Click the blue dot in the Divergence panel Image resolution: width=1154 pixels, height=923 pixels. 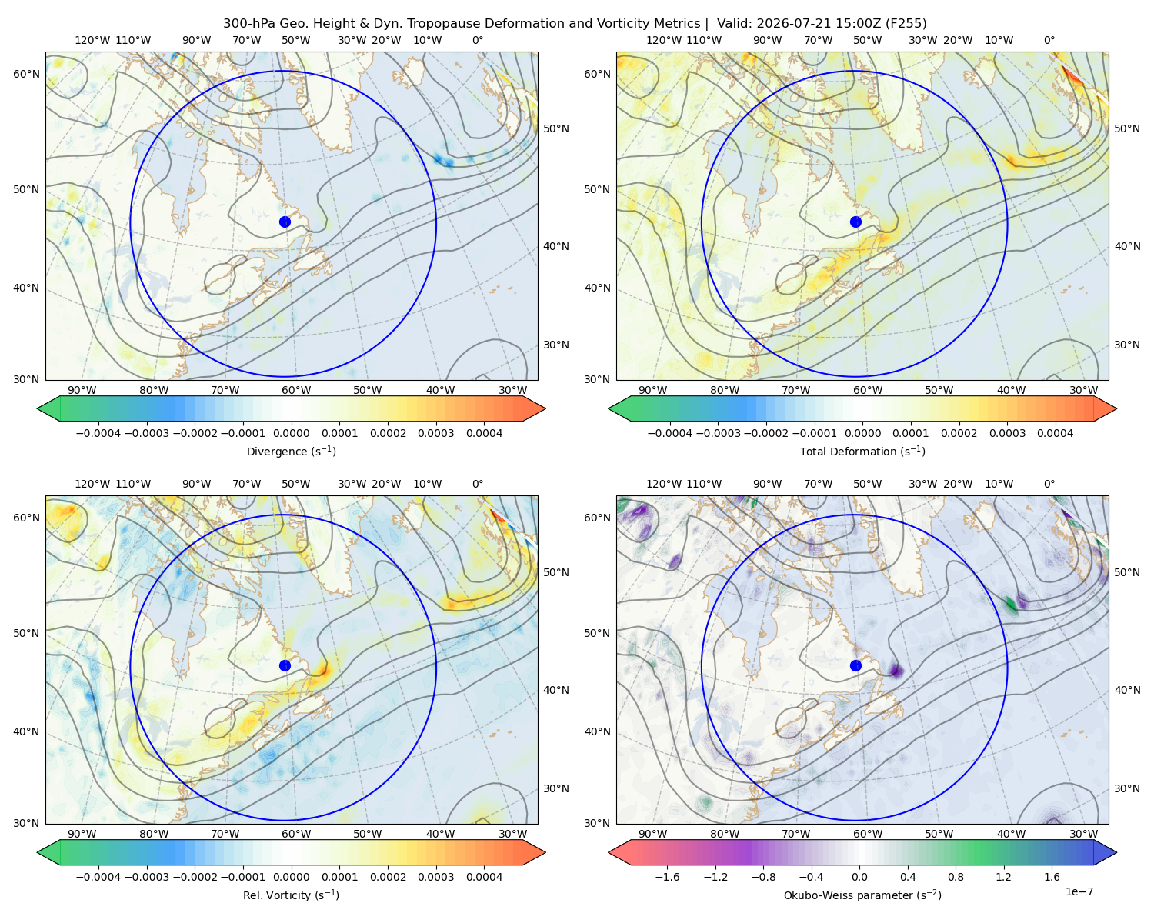[x=285, y=222]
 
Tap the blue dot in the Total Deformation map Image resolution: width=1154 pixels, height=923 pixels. [x=855, y=222]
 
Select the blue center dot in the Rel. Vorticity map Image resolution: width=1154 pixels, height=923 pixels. [x=285, y=665]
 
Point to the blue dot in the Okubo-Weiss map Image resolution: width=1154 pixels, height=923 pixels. [x=855, y=665]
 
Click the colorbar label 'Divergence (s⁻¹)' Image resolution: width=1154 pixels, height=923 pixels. [x=291, y=452]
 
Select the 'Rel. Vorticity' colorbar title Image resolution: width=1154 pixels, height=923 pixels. [x=276, y=895]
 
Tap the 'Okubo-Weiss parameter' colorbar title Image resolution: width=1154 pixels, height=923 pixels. [x=847, y=895]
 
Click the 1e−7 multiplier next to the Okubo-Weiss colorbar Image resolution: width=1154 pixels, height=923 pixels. [x=1079, y=892]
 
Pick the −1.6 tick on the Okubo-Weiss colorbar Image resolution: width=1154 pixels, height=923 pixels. [x=667, y=877]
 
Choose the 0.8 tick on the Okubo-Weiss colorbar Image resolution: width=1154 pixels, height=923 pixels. [x=956, y=877]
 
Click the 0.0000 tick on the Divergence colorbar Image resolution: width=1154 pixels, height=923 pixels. [x=291, y=433]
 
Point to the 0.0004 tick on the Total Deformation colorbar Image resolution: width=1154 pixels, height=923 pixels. [x=1056, y=433]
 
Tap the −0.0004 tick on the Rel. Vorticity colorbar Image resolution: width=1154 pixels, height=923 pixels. [x=98, y=877]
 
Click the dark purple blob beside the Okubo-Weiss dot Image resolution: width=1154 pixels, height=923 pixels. [x=896, y=670]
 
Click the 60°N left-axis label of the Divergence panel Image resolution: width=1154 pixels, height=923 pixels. [x=26, y=74]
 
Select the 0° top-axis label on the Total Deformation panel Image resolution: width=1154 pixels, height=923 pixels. [x=1049, y=40]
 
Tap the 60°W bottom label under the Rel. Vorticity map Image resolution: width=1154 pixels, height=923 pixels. [x=296, y=834]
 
